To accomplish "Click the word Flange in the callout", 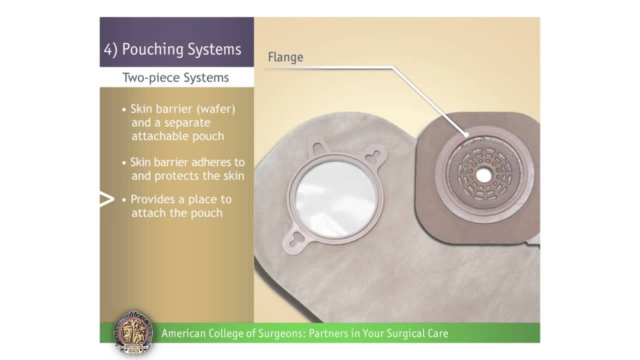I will (285, 57).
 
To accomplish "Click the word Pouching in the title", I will (152, 49).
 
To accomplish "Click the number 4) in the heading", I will (110, 49).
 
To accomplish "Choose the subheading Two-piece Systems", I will (175, 78).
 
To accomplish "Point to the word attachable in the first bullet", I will (156, 136).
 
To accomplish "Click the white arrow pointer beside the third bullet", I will (106, 200).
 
